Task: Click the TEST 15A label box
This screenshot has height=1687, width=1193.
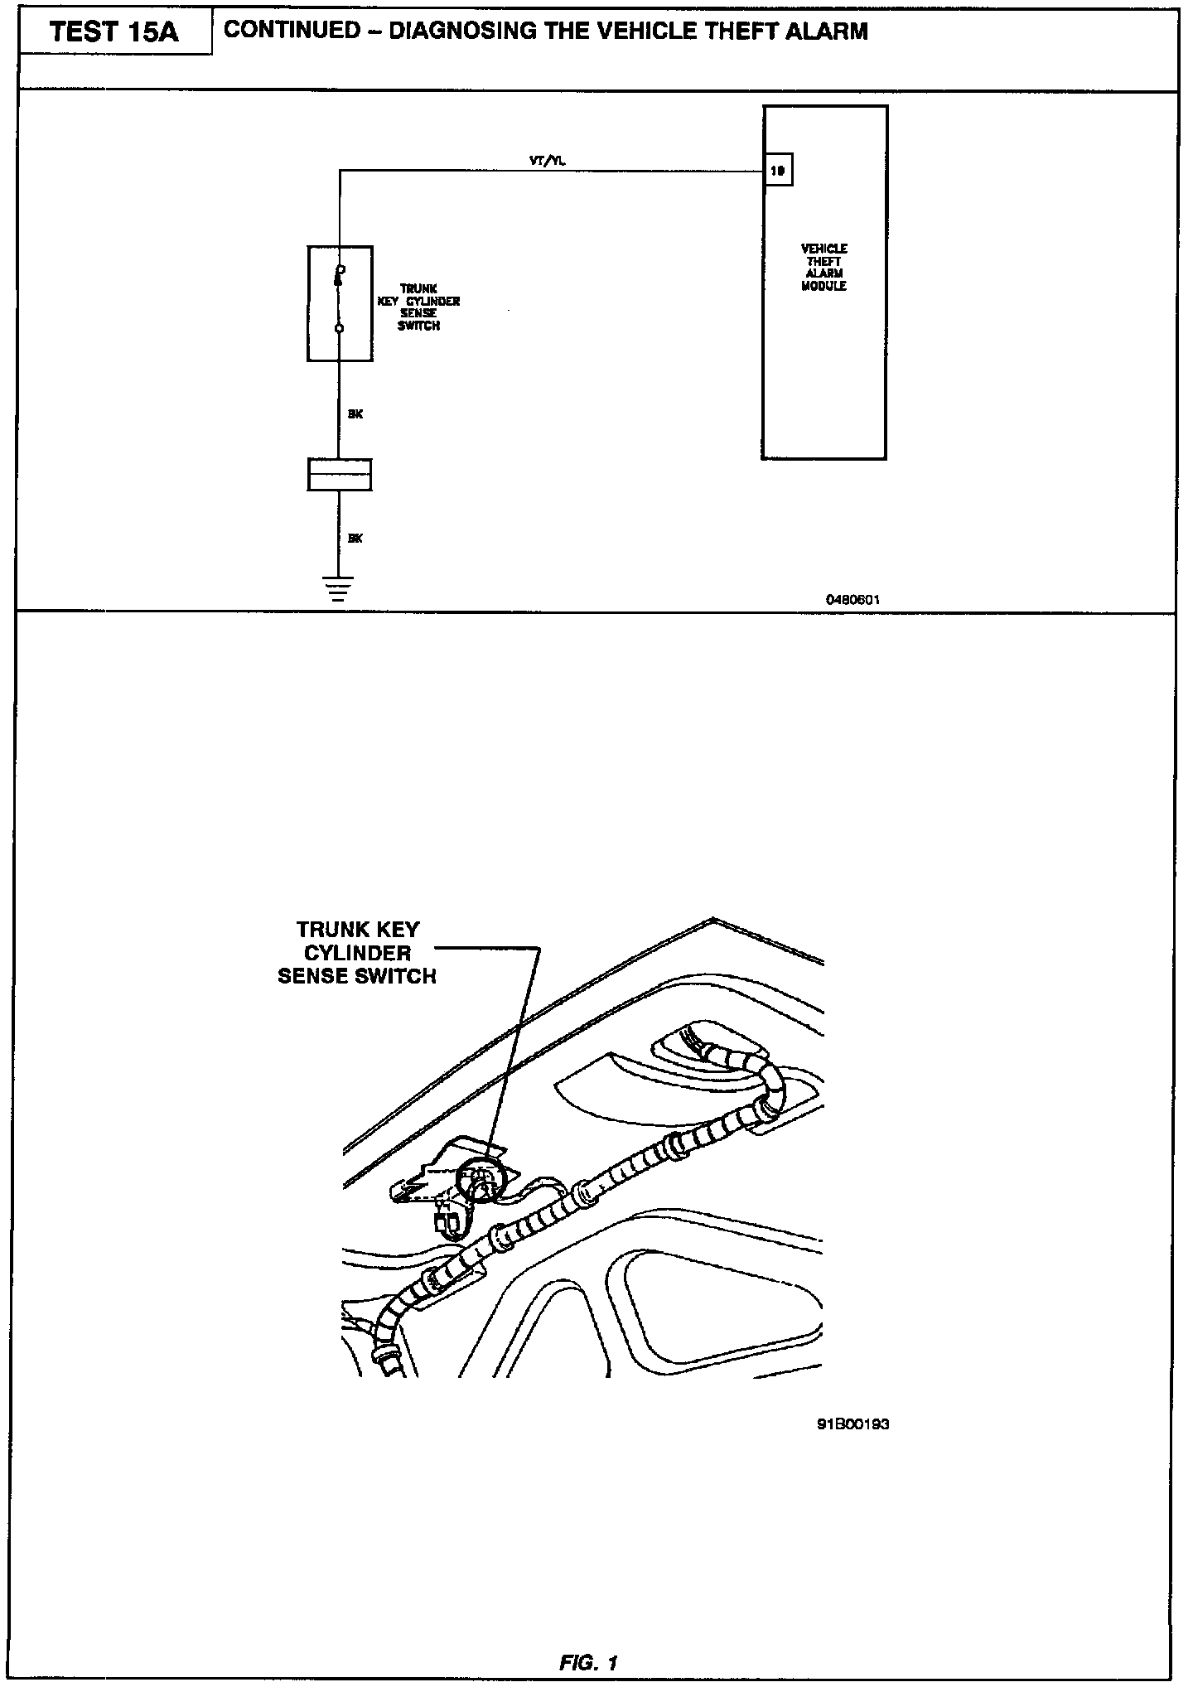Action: coord(114,33)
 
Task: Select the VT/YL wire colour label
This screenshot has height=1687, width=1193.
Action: coord(548,162)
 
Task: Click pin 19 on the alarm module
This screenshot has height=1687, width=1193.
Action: coord(778,171)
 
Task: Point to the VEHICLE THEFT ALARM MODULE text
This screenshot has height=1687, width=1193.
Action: coord(824,267)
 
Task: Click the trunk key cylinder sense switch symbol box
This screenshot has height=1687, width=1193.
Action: coord(340,303)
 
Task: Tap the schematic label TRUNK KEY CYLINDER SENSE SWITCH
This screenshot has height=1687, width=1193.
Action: coord(419,307)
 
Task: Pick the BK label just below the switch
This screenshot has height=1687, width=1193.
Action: coord(355,414)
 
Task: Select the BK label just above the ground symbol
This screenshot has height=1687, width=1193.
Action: coord(355,539)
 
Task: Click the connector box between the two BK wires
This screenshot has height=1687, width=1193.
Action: coord(339,475)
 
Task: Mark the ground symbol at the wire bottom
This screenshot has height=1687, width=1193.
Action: coord(337,588)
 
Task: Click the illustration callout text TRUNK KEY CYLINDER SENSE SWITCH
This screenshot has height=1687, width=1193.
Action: coord(357,953)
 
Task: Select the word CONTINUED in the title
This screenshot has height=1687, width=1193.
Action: coord(292,31)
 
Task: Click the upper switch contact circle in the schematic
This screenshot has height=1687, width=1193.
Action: coord(340,269)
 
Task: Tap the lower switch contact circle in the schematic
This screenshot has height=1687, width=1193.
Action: coord(339,329)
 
